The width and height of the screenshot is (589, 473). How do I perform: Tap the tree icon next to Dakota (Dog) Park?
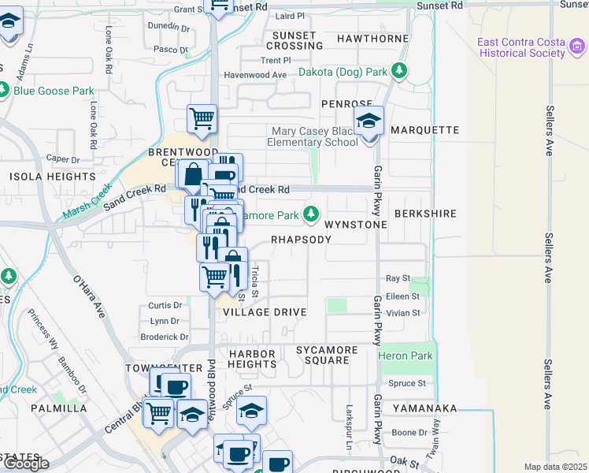coord(400,72)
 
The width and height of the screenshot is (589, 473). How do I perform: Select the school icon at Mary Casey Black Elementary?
coord(368,122)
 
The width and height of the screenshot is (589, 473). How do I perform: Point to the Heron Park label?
coord(406,356)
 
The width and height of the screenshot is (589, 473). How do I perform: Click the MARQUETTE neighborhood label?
coord(424,130)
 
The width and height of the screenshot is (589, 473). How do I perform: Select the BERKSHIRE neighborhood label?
coord(425,214)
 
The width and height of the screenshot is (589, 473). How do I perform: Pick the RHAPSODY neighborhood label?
coord(301,240)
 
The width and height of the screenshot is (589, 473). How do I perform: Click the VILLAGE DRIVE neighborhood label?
coord(264,312)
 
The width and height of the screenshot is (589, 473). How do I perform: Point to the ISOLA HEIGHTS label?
coord(41,177)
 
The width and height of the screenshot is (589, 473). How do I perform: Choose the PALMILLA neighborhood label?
coord(59,408)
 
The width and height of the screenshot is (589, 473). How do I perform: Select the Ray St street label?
coord(398,278)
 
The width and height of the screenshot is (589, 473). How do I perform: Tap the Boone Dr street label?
coord(409,432)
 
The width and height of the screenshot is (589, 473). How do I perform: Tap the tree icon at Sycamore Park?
coord(312,214)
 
